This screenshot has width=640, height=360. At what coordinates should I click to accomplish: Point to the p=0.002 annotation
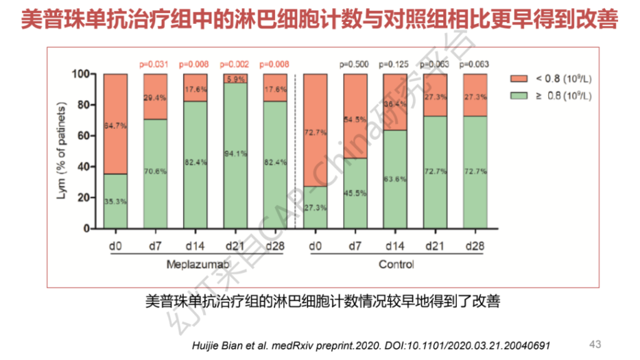tap(234, 64)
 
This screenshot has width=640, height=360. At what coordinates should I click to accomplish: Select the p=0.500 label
tap(354, 64)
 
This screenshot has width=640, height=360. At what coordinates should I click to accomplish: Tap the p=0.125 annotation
tap(394, 64)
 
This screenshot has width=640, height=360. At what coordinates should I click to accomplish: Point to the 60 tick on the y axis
tap(83, 136)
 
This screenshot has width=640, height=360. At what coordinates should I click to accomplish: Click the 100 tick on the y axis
tap(81, 74)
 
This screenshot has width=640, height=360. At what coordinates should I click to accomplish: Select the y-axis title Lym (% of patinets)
tap(61, 152)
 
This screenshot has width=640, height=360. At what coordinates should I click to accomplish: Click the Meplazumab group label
tap(194, 264)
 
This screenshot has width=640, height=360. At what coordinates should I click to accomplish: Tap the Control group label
tap(396, 264)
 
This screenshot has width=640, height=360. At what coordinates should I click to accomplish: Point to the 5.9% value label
tap(235, 79)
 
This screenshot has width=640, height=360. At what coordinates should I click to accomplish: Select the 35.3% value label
tap(115, 201)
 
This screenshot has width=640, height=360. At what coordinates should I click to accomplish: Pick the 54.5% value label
tap(356, 119)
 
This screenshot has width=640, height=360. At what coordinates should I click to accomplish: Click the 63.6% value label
tap(395, 179)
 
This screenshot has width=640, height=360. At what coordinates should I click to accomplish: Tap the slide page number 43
tap(595, 344)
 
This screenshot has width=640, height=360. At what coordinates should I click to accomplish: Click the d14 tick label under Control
tap(395, 246)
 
